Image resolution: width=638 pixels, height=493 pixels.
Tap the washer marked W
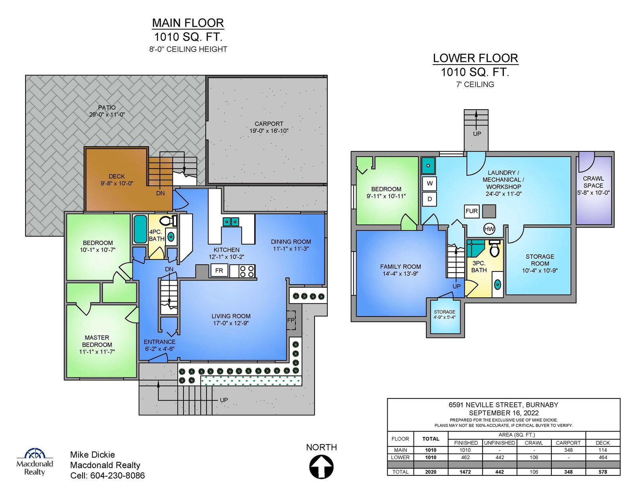coord(429,183)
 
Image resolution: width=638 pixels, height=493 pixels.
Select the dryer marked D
coord(429,199)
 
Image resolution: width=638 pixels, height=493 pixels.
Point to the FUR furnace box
coord(472,211)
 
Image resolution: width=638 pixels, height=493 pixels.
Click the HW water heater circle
coord(489,229)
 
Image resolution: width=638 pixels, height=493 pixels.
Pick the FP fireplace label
coord(291,320)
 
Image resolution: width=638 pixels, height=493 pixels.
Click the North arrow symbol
coord(321,466)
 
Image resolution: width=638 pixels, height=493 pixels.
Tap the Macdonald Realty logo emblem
coord(35,453)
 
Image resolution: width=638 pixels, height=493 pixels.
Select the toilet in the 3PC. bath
coord(495,249)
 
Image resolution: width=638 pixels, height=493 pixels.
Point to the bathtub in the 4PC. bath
coord(140,229)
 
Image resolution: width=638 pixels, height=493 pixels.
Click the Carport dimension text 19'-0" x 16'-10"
coord(269,131)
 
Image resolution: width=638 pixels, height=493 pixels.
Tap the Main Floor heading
coord(188,23)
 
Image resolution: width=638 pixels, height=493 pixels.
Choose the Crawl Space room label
coord(593,182)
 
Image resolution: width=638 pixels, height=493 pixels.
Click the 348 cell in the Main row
coord(568,450)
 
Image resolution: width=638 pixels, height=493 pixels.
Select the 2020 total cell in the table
coord(431,472)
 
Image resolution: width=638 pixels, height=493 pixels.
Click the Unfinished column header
coord(499,443)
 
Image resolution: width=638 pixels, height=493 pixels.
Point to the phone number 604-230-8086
coord(118,475)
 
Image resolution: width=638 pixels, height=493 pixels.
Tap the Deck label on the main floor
coord(117,177)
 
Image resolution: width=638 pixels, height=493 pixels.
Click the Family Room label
coord(400,267)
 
